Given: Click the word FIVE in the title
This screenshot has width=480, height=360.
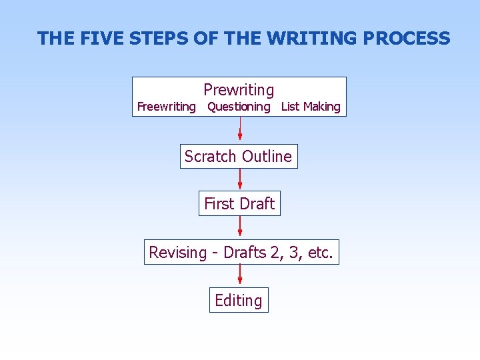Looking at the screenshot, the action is click(x=102, y=39).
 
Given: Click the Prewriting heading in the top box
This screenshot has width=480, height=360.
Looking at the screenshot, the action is click(x=239, y=89).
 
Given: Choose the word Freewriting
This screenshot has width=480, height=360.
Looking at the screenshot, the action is click(x=166, y=107).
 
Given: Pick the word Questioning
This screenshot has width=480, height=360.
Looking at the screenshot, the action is click(x=239, y=107).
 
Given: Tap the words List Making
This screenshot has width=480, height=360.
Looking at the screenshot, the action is click(x=311, y=107).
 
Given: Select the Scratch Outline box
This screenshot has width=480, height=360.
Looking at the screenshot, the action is click(x=239, y=157).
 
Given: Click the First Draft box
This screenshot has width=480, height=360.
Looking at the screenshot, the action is click(x=239, y=204).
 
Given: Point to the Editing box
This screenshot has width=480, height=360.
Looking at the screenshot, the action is click(x=239, y=301).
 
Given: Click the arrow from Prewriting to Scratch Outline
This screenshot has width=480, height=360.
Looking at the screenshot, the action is click(x=240, y=130).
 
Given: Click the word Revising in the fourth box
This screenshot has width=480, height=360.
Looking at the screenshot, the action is click(x=178, y=253).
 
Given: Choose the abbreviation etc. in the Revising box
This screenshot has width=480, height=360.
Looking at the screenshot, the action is click(x=321, y=253).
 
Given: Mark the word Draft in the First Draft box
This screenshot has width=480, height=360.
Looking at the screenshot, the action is click(x=257, y=204).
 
